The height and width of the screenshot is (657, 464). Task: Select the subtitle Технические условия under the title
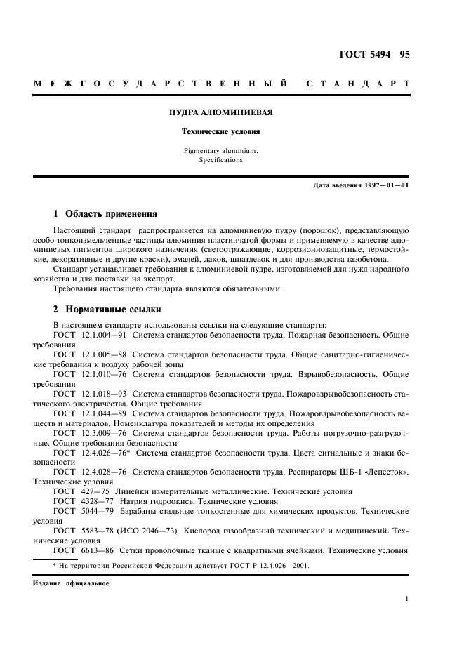tap(221, 131)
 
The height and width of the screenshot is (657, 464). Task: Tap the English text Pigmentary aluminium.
tap(221, 150)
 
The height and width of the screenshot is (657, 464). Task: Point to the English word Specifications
tap(221, 160)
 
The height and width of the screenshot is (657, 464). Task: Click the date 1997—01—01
tap(386, 185)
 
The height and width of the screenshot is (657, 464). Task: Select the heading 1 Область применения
tap(105, 213)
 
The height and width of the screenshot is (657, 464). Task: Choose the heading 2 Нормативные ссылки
tap(107, 309)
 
